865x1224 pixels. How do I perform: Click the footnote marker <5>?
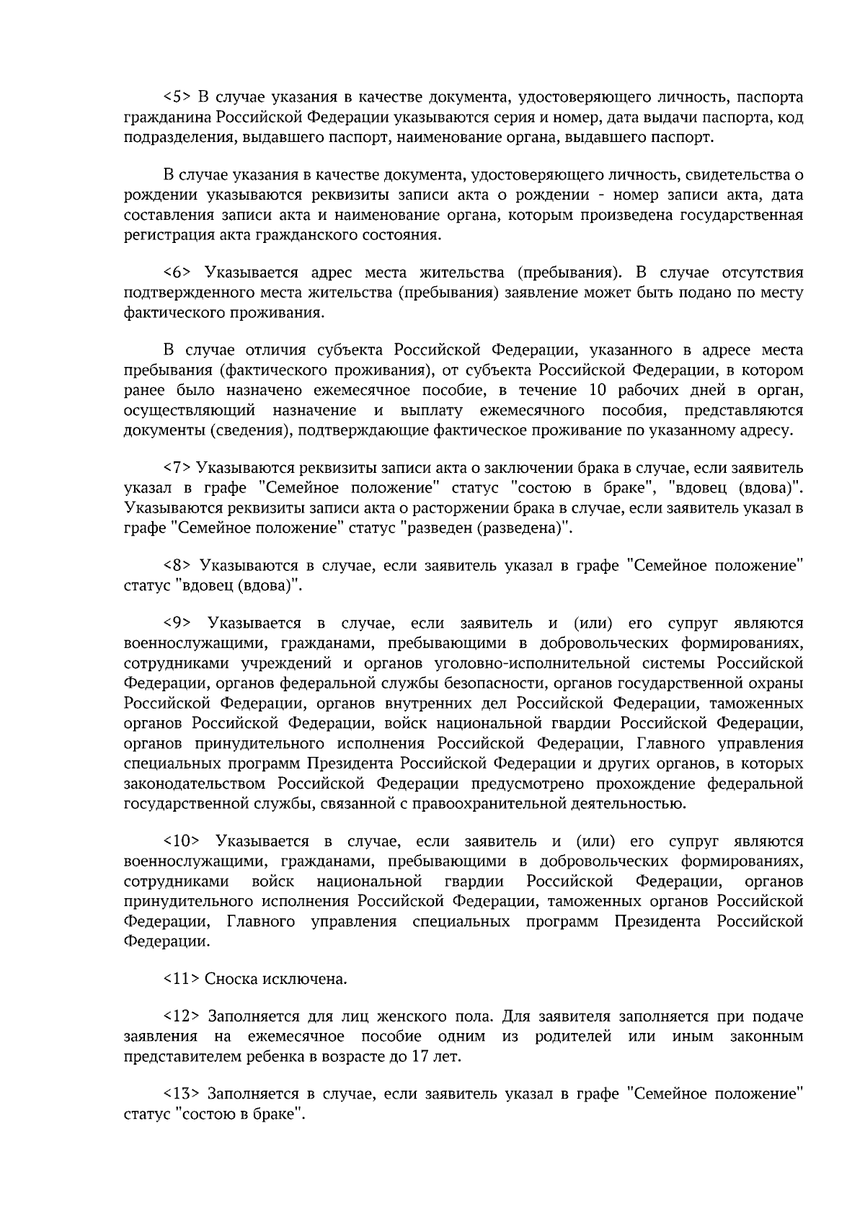177,97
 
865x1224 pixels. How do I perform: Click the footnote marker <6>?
177,272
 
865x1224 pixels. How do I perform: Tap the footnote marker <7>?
177,469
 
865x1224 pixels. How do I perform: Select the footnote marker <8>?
177,566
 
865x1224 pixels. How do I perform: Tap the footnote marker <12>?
181,1017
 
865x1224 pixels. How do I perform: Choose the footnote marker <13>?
181,1094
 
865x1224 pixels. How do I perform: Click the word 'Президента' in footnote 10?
657,922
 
